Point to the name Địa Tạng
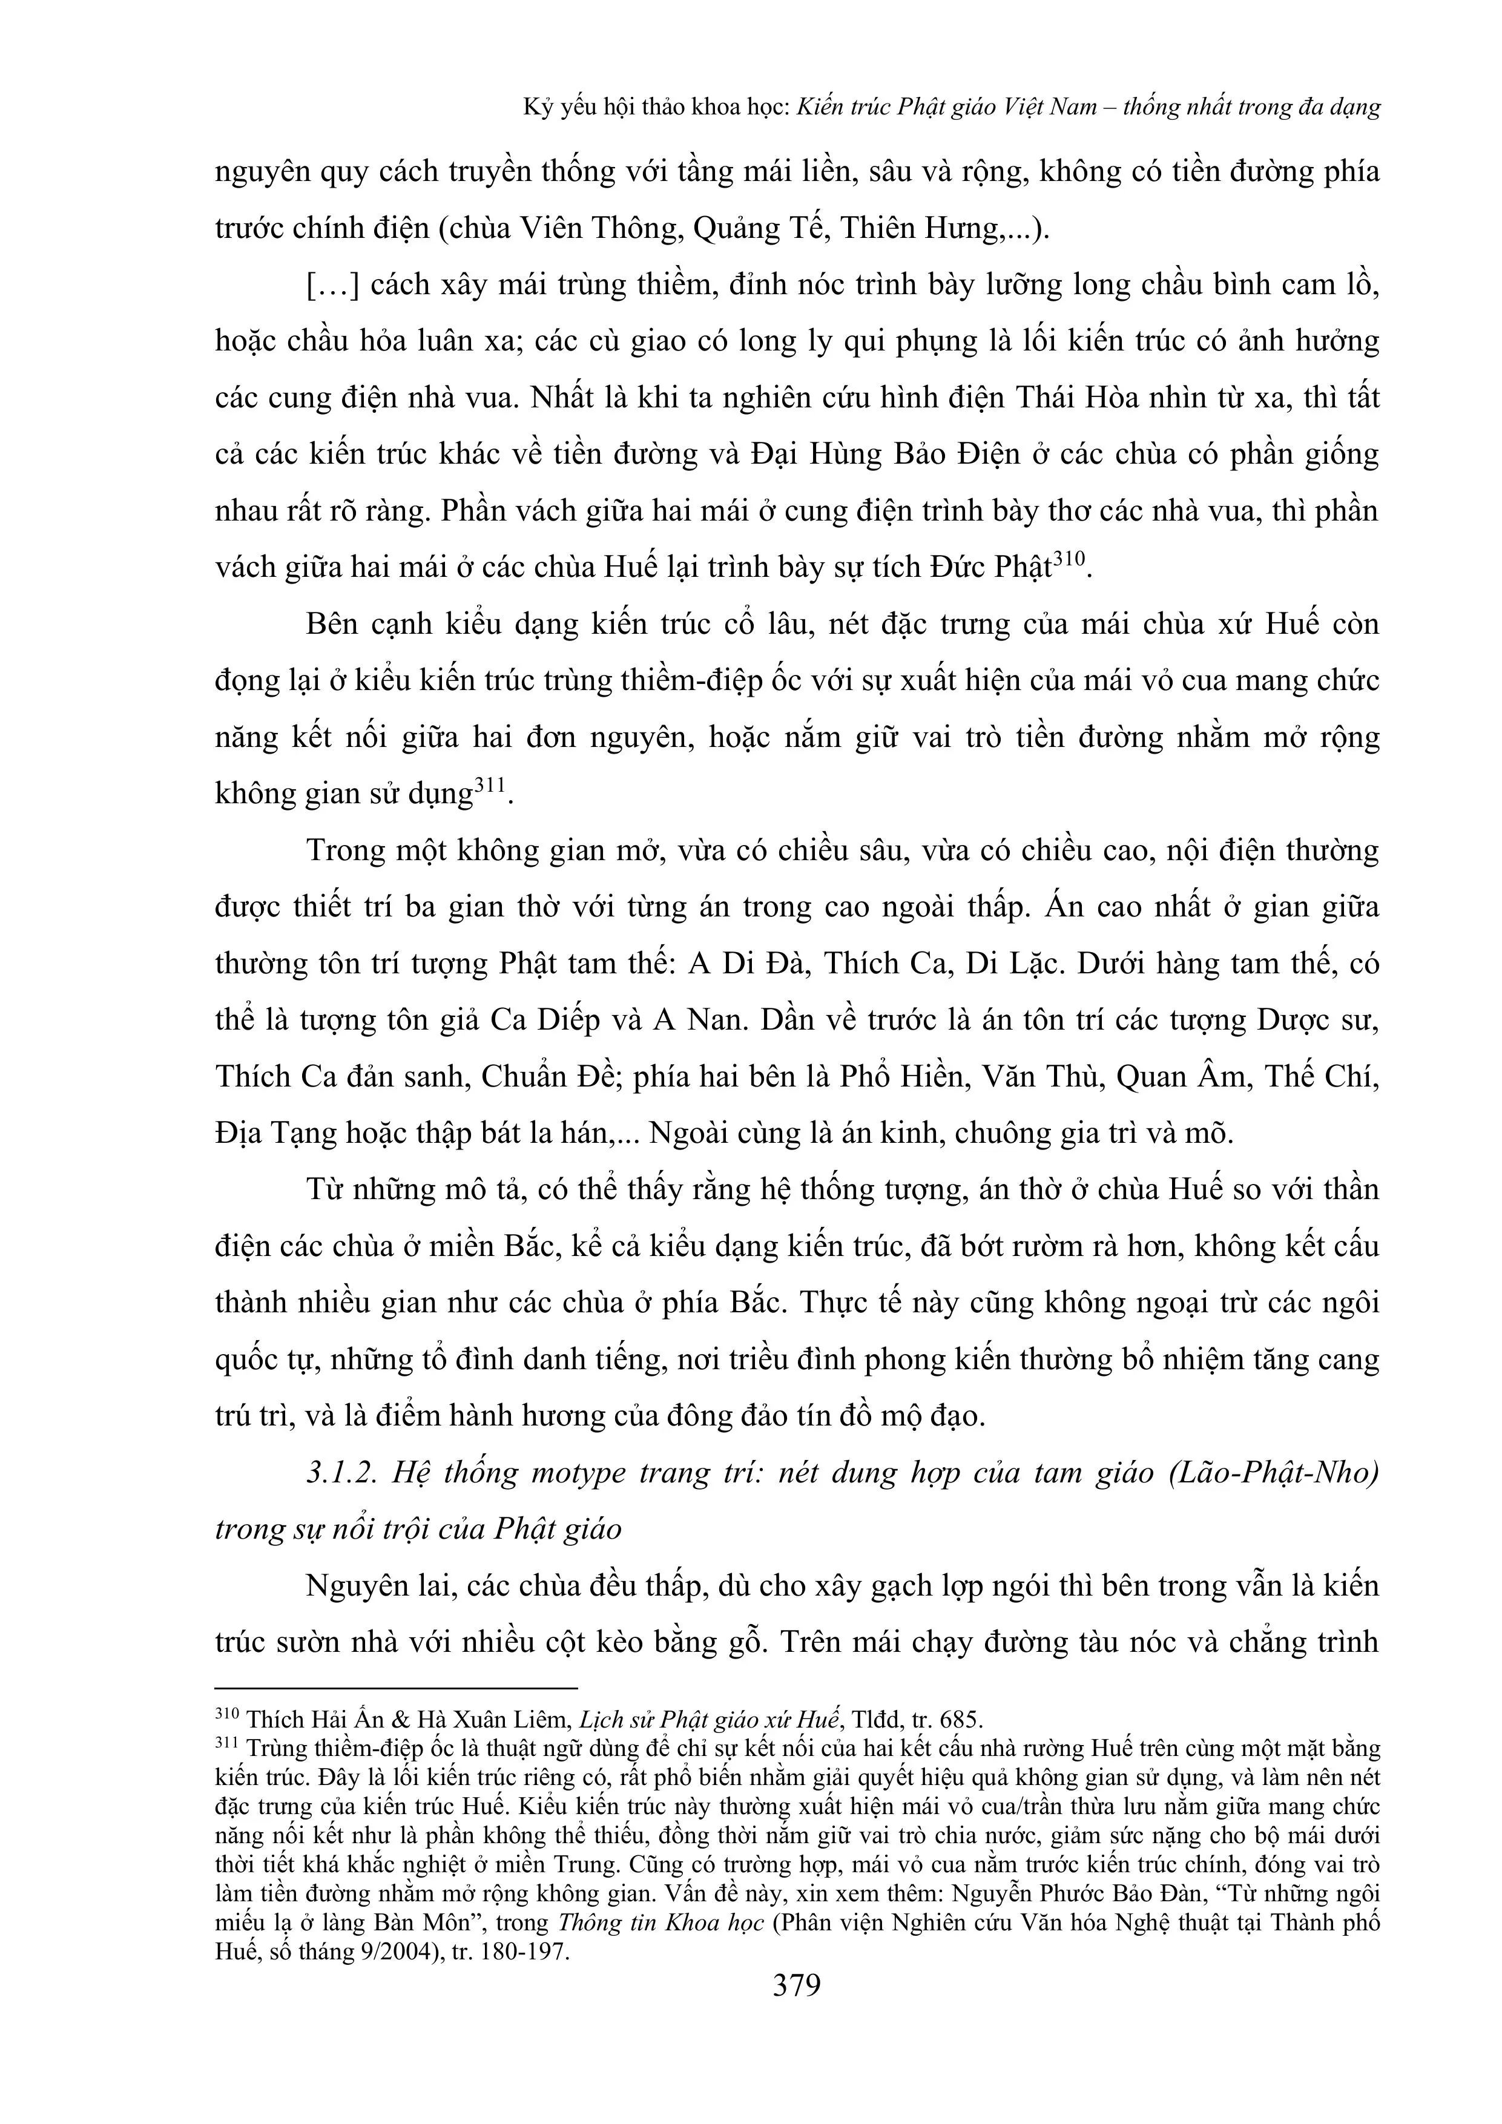[x=276, y=1133]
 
